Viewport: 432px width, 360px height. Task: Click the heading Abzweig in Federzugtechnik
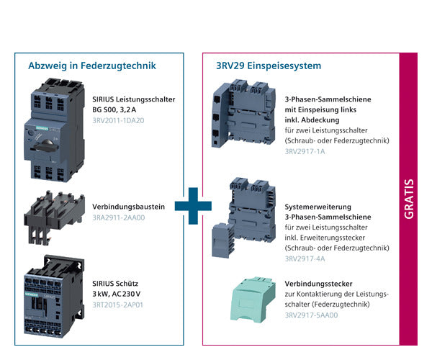92,66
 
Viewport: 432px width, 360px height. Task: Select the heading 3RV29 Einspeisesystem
269,66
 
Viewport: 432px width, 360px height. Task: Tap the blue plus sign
193,204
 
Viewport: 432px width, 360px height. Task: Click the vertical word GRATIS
408,200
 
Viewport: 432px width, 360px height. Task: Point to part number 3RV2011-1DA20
118,120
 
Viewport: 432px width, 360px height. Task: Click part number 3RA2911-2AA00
119,217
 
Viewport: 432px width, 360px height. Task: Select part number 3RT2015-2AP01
118,305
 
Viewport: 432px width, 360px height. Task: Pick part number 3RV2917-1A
305,152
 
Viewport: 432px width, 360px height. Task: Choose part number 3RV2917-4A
305,258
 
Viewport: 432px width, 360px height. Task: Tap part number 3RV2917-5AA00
311,315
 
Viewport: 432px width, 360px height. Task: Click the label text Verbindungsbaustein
129,207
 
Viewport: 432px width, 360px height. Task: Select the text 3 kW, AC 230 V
117,294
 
